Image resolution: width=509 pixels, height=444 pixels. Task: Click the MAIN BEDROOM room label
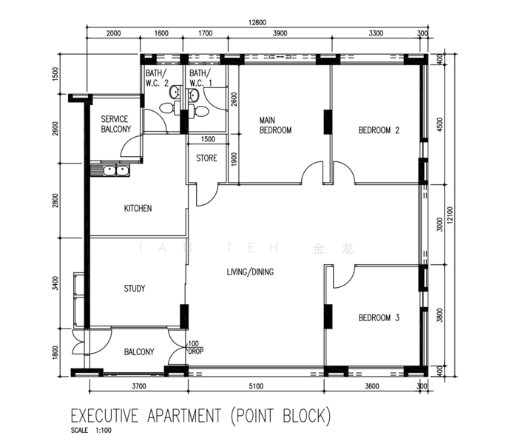coord(274,124)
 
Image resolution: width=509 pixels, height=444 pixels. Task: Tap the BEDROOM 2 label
coord(379,130)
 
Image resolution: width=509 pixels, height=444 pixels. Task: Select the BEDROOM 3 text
coord(379,318)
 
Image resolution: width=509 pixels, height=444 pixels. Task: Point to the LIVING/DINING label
coord(250,272)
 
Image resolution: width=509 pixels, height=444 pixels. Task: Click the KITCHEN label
coord(138,209)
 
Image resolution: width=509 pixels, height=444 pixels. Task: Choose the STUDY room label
coord(135,289)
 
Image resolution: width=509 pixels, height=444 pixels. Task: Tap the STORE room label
coord(206,158)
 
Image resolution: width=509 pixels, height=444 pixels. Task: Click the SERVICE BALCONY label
coord(115,124)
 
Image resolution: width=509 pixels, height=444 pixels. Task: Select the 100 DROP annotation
coord(195,347)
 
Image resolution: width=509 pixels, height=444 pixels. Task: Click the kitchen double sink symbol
coord(110,172)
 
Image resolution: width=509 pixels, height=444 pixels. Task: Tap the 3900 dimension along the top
coord(280,33)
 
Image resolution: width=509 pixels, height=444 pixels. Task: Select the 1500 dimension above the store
coord(208,139)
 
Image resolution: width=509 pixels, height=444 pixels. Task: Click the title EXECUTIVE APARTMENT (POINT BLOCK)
coord(200,415)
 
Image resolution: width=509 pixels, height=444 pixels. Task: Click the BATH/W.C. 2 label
coord(157,78)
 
